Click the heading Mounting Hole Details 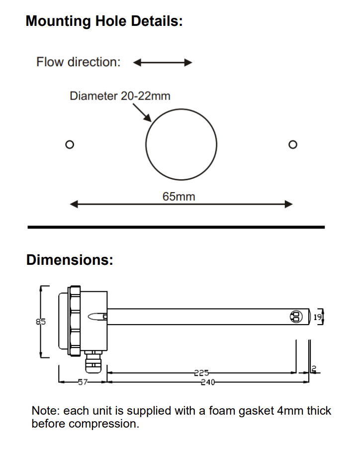coord(104,21)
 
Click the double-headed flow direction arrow coord(163,63)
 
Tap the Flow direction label coord(78,62)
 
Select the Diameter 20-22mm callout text coord(120,96)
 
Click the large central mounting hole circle coord(181,145)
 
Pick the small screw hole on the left coord(70,145)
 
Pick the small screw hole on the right coord(292,145)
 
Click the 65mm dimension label coord(179,197)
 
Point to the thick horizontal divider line coord(176,227)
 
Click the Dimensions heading coord(70,260)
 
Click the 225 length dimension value coord(201,372)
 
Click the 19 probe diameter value coord(317,317)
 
